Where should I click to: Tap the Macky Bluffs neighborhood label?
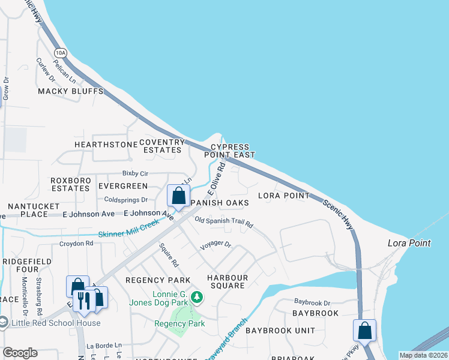coord(71,91)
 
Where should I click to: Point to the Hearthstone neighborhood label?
coord(106,145)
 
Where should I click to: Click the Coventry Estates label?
coord(161,146)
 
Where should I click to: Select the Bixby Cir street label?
coord(135,173)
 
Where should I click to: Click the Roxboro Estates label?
coord(70,184)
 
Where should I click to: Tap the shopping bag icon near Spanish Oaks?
coord(178,196)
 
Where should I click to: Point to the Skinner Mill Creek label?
coord(129,228)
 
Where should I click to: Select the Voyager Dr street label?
coord(216,244)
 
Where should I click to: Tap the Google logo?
coord(20,353)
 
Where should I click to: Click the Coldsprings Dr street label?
coord(126,200)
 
